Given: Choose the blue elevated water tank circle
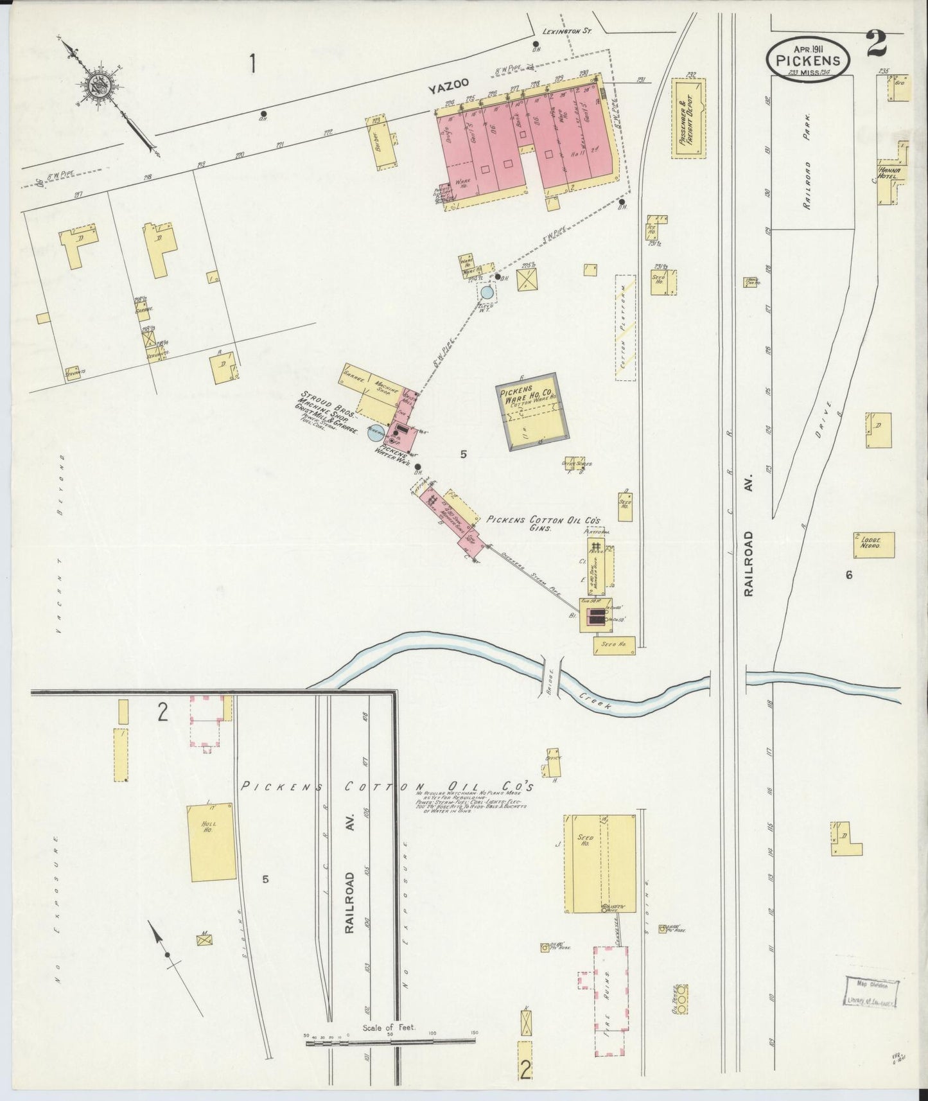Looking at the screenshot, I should pos(487,293).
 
